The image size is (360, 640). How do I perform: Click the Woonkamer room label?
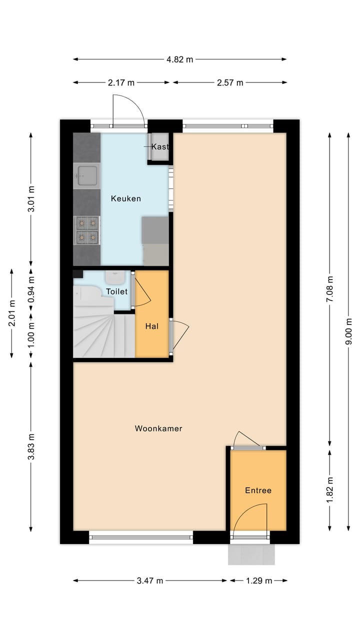[158, 428]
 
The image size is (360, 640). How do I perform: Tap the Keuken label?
[125, 198]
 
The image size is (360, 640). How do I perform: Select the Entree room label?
[258, 490]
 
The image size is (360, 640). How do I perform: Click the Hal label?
[152, 326]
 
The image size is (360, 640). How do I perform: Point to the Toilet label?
[116, 291]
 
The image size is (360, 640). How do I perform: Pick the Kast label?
[160, 146]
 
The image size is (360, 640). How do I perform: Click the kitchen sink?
[87, 175]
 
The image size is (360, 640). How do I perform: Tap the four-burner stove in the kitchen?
[86, 229]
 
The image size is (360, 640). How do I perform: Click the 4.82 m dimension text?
[180, 59]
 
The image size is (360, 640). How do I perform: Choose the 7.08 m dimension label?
[329, 289]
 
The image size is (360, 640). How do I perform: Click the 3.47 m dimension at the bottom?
[150, 580]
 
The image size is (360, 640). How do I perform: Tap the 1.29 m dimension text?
[258, 580]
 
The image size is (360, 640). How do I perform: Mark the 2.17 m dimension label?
[121, 82]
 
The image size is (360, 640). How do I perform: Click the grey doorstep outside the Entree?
[251, 554]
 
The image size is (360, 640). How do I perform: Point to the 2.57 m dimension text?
[230, 82]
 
